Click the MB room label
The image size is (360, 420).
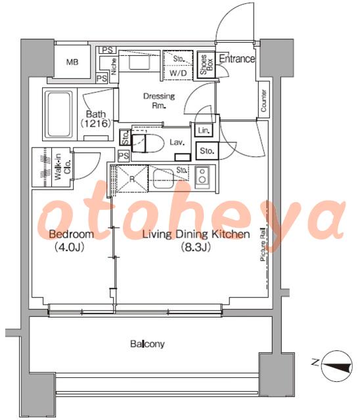(x=72, y=62)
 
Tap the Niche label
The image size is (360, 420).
(x=114, y=66)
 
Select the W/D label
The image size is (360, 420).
(x=178, y=73)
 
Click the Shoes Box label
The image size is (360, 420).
(x=206, y=65)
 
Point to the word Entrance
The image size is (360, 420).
(x=237, y=58)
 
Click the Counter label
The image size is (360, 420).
(x=263, y=100)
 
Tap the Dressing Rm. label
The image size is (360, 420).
(x=159, y=100)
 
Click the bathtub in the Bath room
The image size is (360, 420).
(x=59, y=115)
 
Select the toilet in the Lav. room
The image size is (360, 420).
(x=148, y=143)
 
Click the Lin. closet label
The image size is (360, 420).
(x=204, y=131)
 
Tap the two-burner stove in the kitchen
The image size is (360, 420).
(x=202, y=175)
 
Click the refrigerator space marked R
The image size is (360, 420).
(x=132, y=178)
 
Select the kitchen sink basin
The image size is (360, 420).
(x=163, y=178)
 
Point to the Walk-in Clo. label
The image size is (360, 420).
(x=62, y=167)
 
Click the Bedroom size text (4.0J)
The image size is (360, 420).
(x=70, y=247)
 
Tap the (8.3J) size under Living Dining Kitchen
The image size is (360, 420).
(x=196, y=247)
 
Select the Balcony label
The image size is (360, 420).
(x=147, y=344)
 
